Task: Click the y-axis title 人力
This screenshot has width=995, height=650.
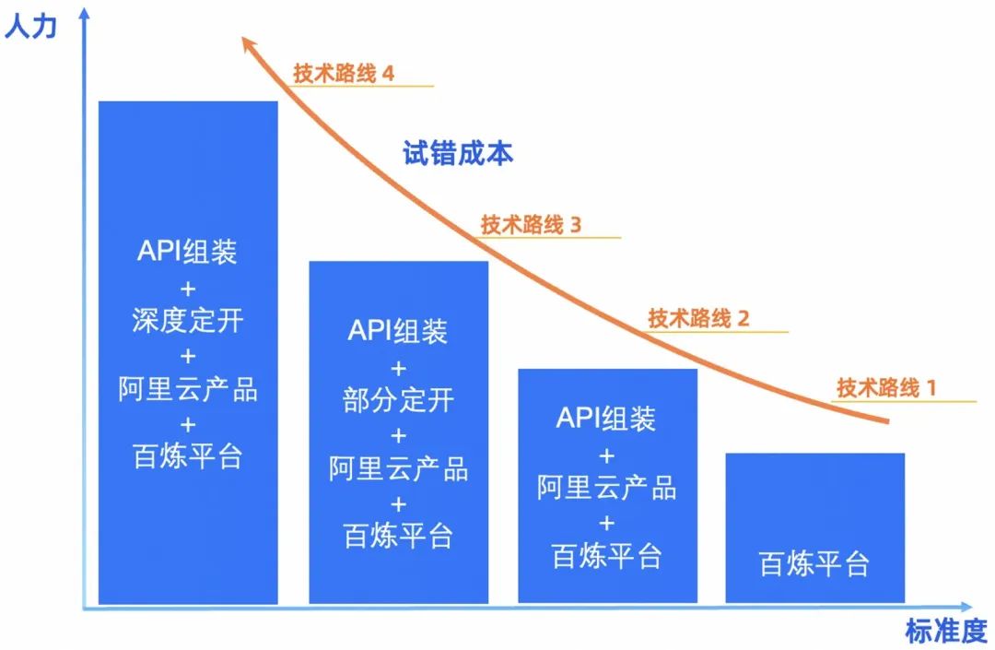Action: [30, 26]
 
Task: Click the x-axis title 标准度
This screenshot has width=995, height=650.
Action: [945, 632]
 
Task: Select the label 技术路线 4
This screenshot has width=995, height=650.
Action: [344, 73]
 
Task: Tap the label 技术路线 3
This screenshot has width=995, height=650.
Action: [531, 224]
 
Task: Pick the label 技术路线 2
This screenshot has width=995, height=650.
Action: [698, 319]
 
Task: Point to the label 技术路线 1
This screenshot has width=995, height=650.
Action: [886, 387]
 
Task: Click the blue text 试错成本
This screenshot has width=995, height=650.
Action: [458, 153]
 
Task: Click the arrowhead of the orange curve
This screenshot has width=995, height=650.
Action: [245, 41]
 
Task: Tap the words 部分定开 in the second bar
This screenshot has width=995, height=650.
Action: [398, 400]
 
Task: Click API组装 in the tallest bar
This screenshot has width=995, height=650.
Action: [188, 252]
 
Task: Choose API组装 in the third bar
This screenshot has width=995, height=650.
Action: [606, 419]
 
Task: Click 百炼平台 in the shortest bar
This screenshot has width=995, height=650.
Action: [814, 563]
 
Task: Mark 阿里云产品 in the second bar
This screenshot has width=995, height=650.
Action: [398, 468]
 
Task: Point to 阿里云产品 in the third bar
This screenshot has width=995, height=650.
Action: [606, 487]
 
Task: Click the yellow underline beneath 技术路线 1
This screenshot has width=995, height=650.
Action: [903, 401]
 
